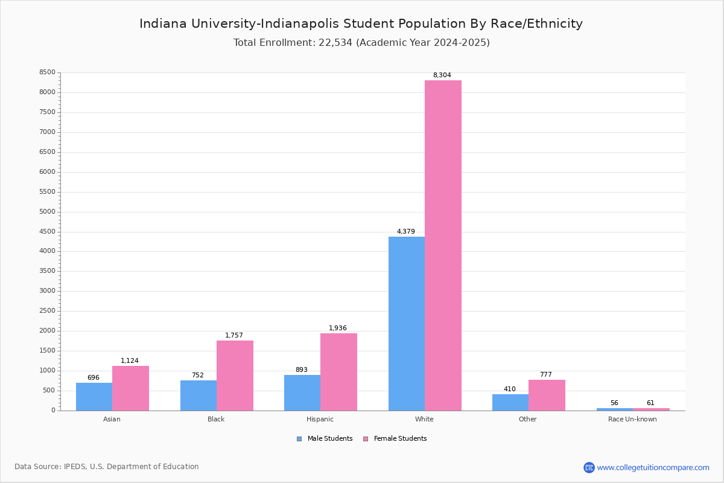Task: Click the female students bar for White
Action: click(x=443, y=245)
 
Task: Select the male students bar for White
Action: click(x=407, y=323)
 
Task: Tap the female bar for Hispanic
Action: click(x=338, y=371)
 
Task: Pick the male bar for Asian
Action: click(x=94, y=396)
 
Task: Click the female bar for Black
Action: click(x=235, y=375)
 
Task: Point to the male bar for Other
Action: click(x=510, y=402)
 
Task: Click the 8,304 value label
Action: click(x=442, y=75)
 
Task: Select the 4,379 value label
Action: click(x=405, y=232)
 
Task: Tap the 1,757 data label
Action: click(x=234, y=336)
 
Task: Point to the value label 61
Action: click(x=650, y=403)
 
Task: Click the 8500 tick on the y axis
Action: click(x=47, y=72)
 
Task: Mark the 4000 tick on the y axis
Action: click(x=47, y=251)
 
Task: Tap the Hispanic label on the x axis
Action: click(x=320, y=419)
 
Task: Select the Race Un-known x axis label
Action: click(x=632, y=419)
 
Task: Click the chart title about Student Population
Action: click(x=361, y=24)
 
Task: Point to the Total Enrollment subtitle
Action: click(x=361, y=43)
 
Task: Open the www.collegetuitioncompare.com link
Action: click(x=653, y=467)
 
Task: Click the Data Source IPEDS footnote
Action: click(x=107, y=467)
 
